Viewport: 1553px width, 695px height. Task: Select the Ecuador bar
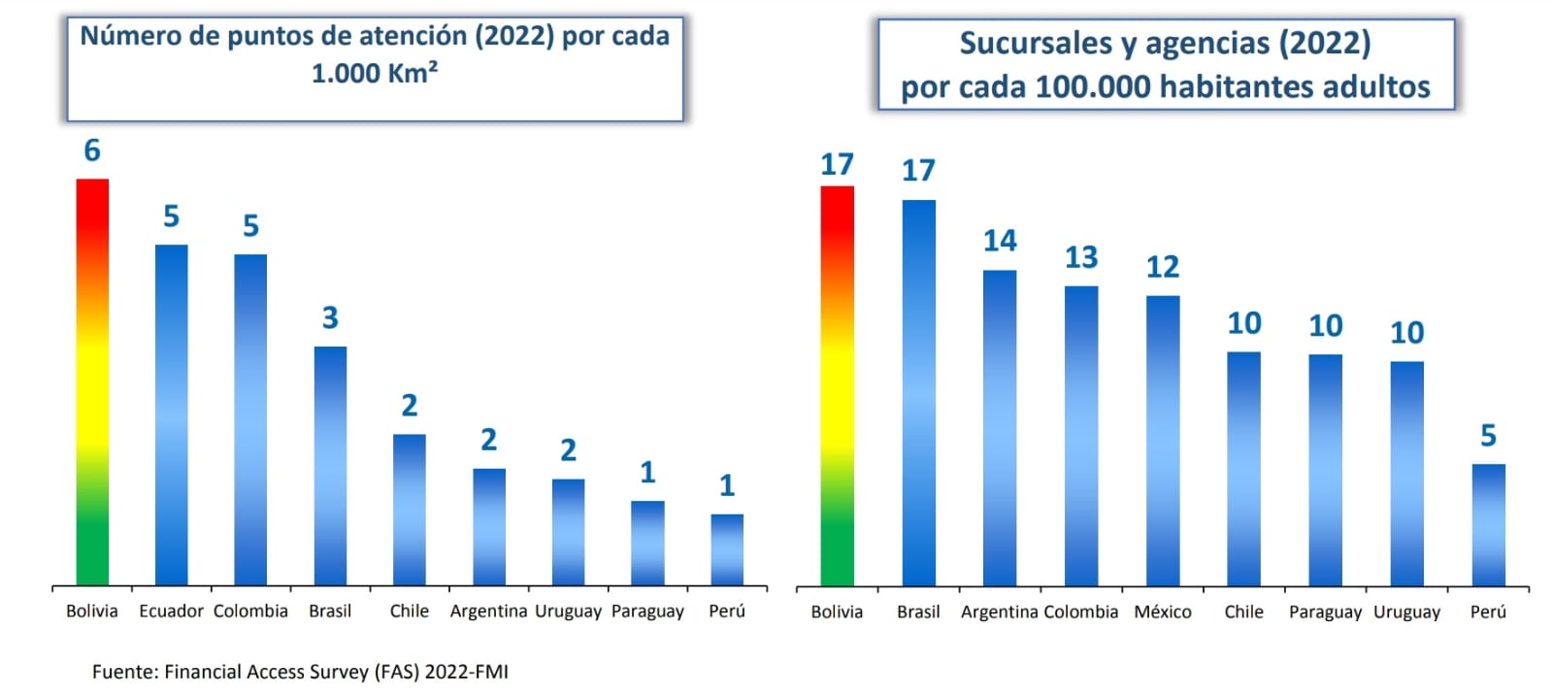[172, 414]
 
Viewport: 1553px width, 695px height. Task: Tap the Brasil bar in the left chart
[330, 466]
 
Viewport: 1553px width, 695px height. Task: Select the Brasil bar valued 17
[918, 392]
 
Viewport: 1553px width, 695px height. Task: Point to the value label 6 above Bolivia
[92, 150]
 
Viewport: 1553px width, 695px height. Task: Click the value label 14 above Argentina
[1000, 241]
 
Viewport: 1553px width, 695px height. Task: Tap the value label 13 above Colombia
[1081, 257]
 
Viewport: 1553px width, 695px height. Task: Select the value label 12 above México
[1163, 267]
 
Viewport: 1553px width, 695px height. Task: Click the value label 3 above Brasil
[330, 318]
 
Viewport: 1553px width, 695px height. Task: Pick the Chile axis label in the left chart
[409, 612]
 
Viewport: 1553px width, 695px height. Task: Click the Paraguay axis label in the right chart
[1325, 612]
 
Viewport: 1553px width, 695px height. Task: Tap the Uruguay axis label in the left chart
[568, 612]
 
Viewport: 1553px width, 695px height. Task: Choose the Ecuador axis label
[171, 612]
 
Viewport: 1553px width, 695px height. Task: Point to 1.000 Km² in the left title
[375, 73]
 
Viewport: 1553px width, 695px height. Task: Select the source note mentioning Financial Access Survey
[300, 672]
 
